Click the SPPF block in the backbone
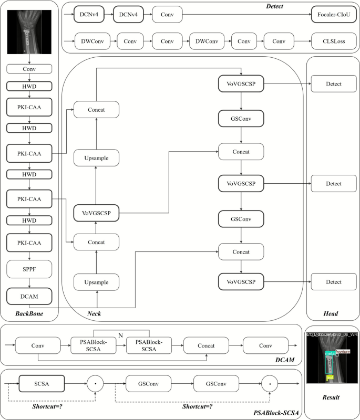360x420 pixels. coord(29,269)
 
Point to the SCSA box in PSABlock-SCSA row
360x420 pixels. coord(41,384)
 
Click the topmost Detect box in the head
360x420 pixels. coord(333,83)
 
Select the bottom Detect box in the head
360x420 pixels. coord(333,282)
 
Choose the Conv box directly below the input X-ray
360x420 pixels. coord(29,69)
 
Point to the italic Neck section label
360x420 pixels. coord(94,313)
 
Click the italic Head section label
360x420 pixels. coord(331,313)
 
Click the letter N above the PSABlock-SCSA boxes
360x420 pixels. coord(121,334)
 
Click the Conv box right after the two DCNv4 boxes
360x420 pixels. coord(168,14)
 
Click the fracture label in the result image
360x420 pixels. coord(343,352)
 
